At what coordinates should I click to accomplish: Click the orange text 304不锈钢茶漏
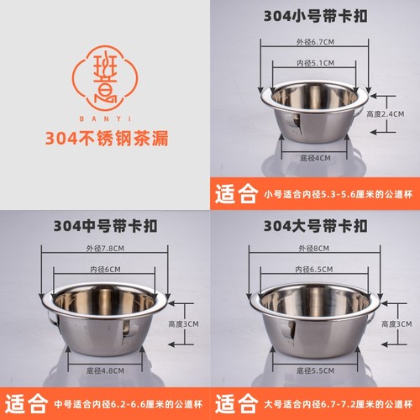click(x=104, y=139)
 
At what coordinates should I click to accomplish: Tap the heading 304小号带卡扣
click(x=314, y=15)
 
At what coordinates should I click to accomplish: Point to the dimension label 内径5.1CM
click(x=313, y=64)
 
